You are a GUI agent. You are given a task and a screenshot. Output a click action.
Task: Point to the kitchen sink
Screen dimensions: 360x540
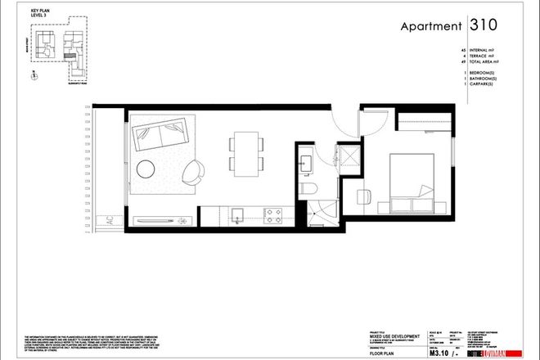[x=237, y=215]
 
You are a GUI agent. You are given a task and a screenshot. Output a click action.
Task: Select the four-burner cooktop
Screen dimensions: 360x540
[x=272, y=215]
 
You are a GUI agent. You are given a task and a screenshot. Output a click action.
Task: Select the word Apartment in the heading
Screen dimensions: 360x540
[x=430, y=26]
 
